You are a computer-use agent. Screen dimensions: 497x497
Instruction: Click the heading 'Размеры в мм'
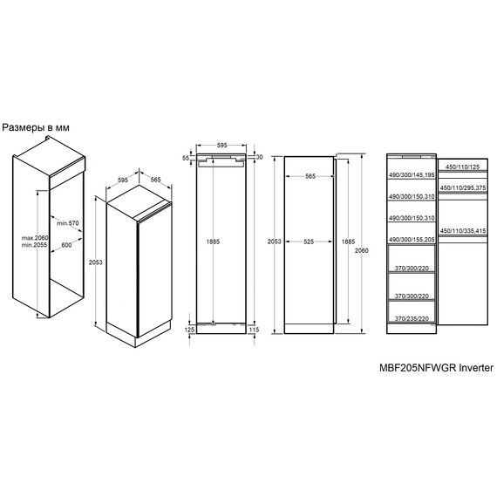tap(36, 127)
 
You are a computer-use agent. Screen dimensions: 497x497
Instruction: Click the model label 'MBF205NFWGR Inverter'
tap(436, 368)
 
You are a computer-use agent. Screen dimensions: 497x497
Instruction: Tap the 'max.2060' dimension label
tap(35, 238)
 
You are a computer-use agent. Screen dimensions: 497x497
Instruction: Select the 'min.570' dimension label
tap(68, 223)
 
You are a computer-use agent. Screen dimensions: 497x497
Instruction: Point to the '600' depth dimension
tap(66, 245)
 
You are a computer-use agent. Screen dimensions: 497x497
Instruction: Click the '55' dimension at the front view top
tap(186, 158)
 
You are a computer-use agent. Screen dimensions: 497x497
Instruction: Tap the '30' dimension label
tap(259, 157)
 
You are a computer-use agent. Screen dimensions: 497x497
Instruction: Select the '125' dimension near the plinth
tap(189, 330)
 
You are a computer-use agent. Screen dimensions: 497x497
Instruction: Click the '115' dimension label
tap(254, 330)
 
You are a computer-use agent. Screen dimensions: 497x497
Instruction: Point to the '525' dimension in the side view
tap(309, 242)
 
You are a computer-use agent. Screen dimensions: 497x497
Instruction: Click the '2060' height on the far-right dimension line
tap(361, 250)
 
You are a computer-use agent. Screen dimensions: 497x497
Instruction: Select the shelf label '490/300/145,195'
tap(412, 175)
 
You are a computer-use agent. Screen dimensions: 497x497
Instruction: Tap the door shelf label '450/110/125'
tap(463, 167)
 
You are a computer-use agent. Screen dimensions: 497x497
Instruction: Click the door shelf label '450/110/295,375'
tap(463, 188)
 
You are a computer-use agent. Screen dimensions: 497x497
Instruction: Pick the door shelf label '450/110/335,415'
tap(463, 231)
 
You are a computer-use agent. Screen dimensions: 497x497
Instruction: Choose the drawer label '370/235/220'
tap(412, 318)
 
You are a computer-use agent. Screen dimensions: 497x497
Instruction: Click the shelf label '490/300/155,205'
tap(412, 240)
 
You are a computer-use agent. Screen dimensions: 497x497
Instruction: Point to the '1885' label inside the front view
tap(213, 242)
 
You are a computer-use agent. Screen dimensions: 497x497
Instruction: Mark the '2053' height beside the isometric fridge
tap(95, 262)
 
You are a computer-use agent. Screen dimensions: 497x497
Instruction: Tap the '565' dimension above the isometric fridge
tap(155, 180)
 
